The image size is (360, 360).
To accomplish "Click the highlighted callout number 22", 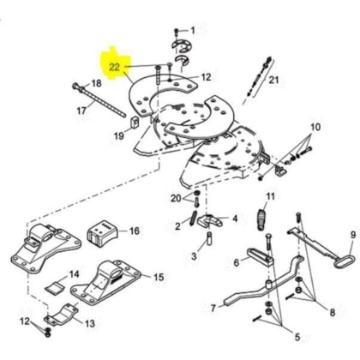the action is click(115, 68).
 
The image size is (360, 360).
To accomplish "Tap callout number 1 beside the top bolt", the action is click(193, 30).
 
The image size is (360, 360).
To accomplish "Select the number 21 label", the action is click(273, 80).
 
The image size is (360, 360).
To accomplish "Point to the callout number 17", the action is click(81, 111).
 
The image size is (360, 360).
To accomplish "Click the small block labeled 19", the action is click(135, 123).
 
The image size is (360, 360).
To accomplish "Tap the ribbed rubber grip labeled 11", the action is click(261, 220).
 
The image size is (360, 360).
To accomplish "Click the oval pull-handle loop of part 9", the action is click(345, 261).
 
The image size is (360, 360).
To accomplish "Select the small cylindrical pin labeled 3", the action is click(208, 237).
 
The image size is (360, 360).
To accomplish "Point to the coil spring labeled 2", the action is click(194, 217).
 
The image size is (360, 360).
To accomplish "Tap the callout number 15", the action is click(159, 277).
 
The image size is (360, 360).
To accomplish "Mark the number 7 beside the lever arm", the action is click(213, 309).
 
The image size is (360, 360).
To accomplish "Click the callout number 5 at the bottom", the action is click(297, 337).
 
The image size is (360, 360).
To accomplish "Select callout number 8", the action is click(333, 312).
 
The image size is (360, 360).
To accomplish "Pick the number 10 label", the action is click(315, 127).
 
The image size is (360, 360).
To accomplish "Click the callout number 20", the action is click(176, 198).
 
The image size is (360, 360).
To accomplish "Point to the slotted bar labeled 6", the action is click(261, 256).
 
